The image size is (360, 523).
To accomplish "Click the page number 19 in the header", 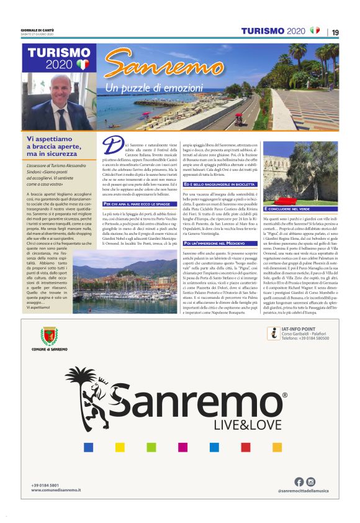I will pyautogui.click(x=335, y=32).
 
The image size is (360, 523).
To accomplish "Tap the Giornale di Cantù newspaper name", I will pyautogui.click(x=37, y=30).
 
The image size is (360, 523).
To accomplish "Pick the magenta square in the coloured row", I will pyautogui.click(x=183, y=447).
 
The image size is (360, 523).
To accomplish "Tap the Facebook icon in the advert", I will pyautogui.click(x=299, y=481).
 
